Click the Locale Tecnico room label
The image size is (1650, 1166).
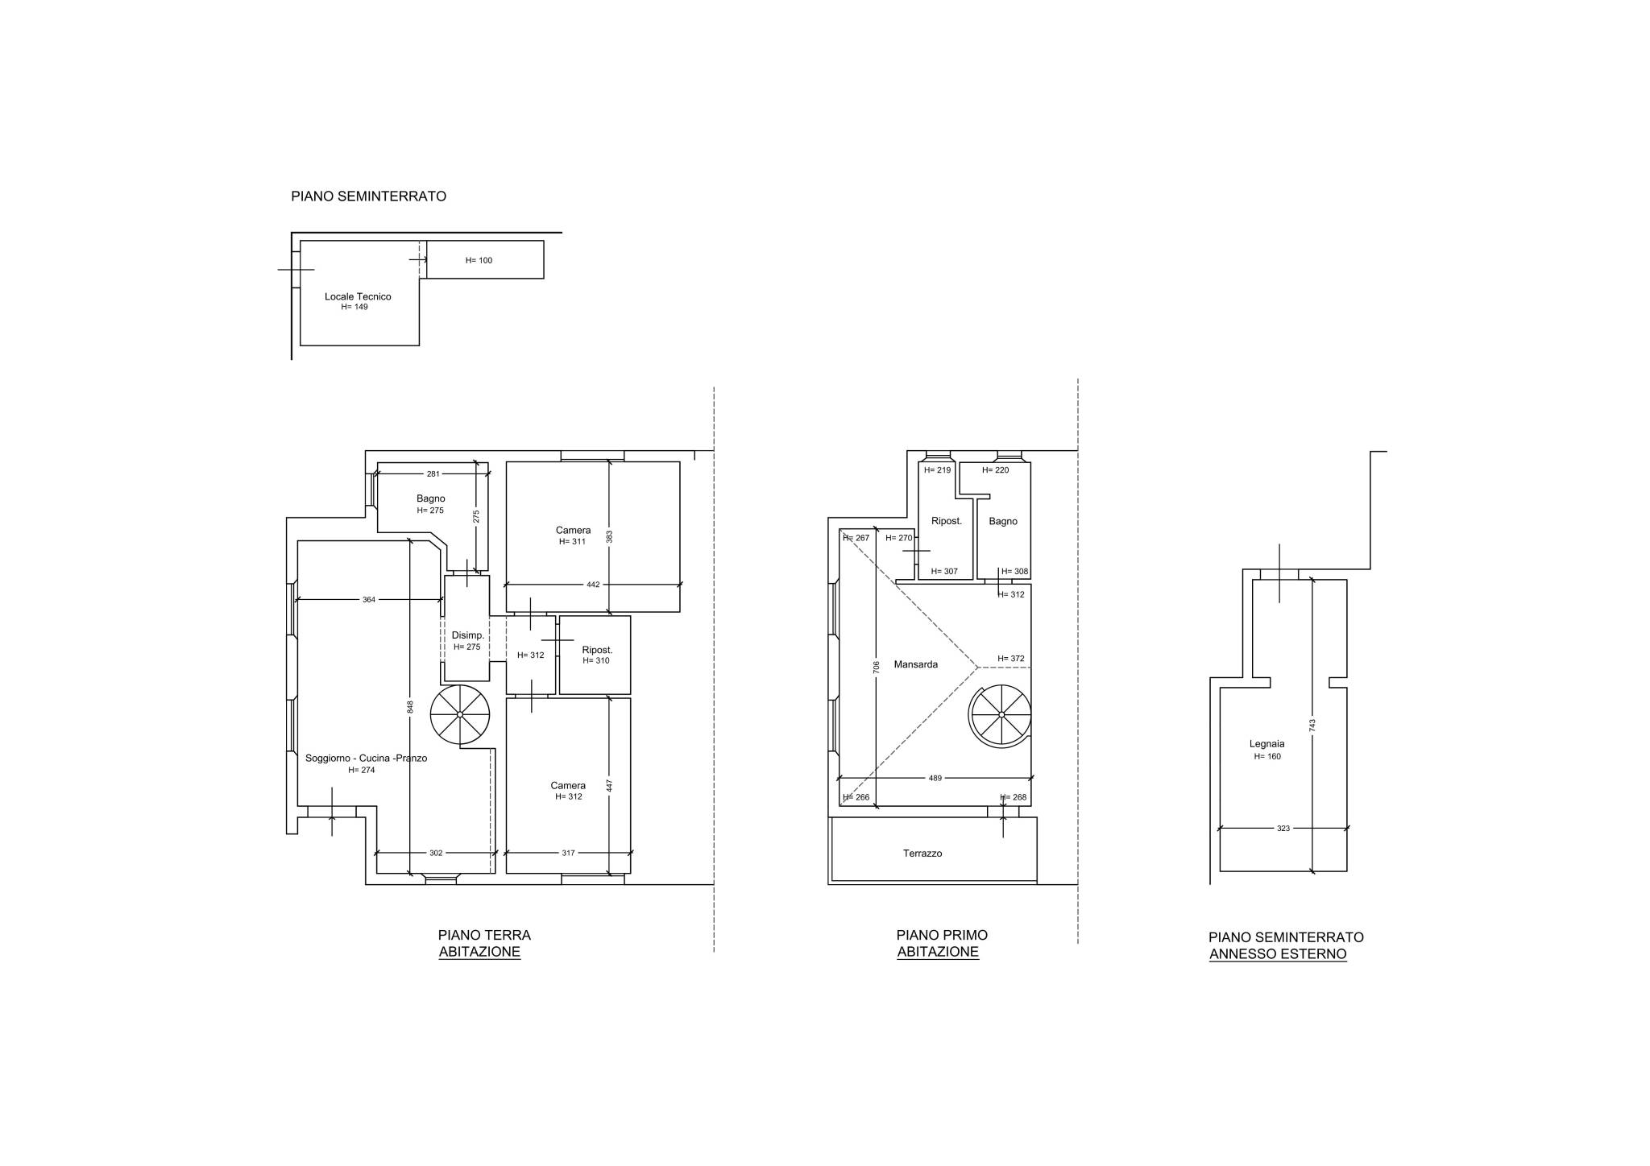point(358,296)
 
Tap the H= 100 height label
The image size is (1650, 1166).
point(479,260)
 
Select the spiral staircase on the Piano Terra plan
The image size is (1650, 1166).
point(460,714)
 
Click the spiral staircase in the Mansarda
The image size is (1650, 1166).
point(1001,714)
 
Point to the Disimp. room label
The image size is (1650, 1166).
point(468,635)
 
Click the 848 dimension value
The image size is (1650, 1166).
point(410,706)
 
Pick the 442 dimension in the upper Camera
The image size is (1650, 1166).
point(593,585)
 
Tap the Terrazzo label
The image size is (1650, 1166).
point(922,853)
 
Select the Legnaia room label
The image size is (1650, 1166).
point(1267,744)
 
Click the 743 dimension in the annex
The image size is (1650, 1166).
point(1312,726)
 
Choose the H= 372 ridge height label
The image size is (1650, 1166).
point(1011,659)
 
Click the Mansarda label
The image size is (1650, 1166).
point(916,664)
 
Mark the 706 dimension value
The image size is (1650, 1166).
point(876,666)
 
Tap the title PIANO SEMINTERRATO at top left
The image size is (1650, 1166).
point(368,196)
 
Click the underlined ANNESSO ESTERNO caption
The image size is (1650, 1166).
point(1278,954)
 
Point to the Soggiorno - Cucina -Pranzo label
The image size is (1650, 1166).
point(366,758)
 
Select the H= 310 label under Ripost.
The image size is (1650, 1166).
point(596,660)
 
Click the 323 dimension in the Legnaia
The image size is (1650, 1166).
point(1283,828)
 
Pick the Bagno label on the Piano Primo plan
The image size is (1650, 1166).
point(1003,521)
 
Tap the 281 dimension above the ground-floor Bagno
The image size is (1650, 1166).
point(433,473)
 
